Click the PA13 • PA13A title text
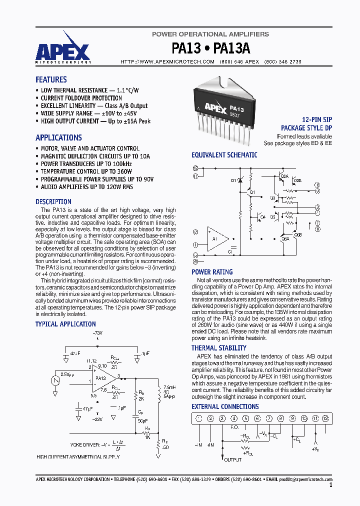point(210,48)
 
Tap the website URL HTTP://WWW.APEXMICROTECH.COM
point(167,61)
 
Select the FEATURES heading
point(51,79)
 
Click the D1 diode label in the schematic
point(233,180)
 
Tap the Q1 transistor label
point(252,192)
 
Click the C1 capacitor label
point(230,252)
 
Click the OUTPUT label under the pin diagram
point(232,459)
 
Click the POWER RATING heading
point(212,272)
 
